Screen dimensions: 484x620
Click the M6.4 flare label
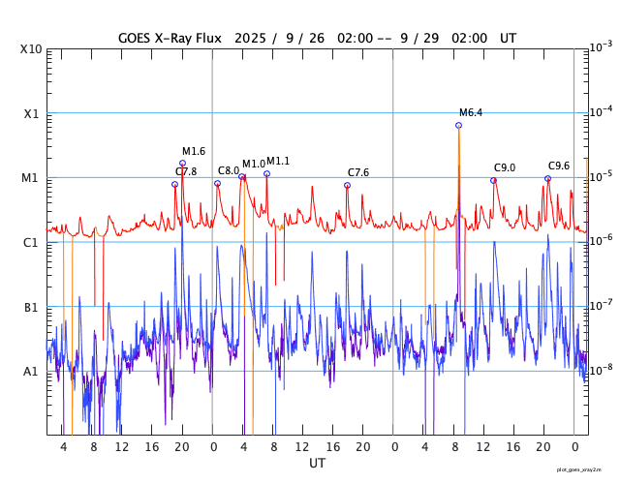point(471,112)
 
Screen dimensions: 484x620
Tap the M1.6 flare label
point(194,151)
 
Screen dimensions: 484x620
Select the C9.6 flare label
point(559,166)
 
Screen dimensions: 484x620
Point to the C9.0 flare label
point(505,167)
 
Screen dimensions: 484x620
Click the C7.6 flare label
point(358,172)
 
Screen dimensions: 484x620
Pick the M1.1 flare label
point(278,161)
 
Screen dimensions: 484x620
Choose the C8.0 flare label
point(229,170)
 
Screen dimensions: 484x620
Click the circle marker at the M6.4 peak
point(458,125)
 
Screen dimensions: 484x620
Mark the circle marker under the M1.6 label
point(182,164)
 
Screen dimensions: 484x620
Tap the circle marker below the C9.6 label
point(547,178)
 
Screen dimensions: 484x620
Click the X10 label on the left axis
point(31,49)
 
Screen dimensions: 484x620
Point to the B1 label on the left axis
point(32,307)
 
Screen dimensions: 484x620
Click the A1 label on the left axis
point(32,371)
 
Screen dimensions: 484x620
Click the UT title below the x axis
point(317,464)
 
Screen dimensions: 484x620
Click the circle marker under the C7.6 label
point(347,185)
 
